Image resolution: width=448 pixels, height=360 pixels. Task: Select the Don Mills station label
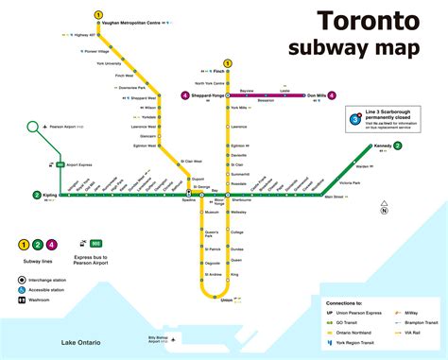[316, 95]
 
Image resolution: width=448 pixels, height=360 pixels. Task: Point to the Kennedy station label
[381, 146]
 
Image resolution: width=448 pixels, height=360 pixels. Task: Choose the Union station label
[226, 300]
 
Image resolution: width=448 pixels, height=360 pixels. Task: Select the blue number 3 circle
[355, 120]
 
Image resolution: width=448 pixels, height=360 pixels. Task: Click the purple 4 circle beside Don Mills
[332, 95]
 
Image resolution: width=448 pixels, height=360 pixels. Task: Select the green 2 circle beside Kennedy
[398, 146]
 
